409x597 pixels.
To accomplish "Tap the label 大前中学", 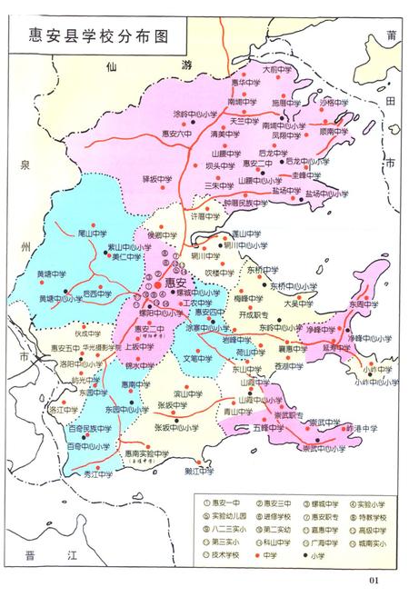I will tap(277, 68).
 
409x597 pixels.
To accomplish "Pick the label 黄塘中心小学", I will tap(62, 298).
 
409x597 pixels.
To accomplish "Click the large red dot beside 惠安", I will tap(146, 284).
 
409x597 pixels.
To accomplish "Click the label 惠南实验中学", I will tap(146, 453).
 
